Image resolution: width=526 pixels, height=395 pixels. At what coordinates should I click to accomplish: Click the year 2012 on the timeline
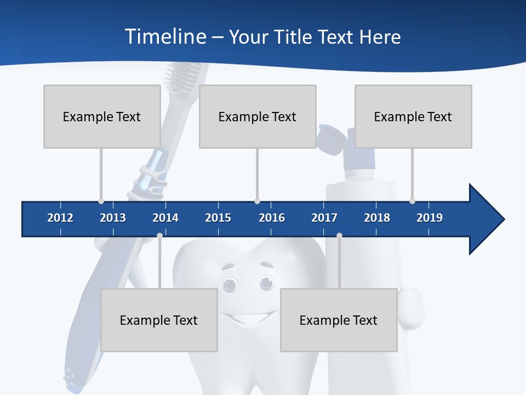coord(60,218)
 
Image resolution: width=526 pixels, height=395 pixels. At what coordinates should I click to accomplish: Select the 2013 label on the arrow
coord(113,218)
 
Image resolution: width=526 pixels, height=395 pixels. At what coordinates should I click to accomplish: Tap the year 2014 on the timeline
coord(165,218)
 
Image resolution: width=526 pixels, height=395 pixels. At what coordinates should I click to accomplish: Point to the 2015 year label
coord(218,218)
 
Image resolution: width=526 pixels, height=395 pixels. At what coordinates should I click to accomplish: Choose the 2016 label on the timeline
coord(272,218)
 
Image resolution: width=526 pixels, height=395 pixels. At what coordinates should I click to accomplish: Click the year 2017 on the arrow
coord(324,218)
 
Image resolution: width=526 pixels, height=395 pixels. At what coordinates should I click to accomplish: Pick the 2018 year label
coord(377,218)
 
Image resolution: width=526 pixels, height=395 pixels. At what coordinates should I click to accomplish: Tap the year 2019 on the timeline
coord(430,218)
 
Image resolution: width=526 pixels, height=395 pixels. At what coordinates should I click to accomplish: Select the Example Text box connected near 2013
coord(102,116)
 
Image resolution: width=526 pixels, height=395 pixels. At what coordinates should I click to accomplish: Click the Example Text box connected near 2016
coord(258,116)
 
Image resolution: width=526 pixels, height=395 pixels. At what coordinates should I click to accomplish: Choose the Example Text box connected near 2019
coord(413,116)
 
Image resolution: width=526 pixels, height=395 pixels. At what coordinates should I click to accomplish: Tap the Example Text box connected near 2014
coord(159,320)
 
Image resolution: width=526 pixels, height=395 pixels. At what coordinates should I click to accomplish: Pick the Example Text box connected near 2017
coord(339,320)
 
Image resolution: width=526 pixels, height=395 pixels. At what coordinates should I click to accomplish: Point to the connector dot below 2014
coord(159,235)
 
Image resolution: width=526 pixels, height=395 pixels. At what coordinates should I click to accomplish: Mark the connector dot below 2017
coord(339,235)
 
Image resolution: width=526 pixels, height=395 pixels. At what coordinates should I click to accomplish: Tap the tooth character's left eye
coord(230,284)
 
